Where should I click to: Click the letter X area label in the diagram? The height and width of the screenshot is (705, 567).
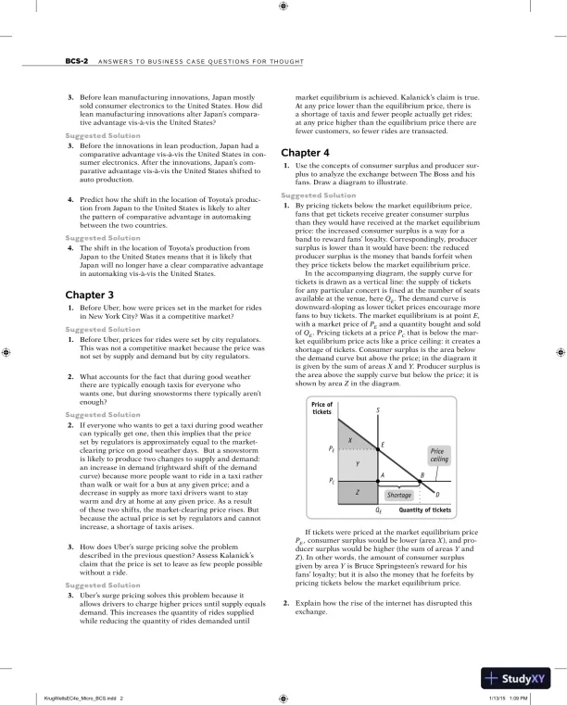click(350, 439)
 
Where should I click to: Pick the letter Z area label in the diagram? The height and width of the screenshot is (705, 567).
click(358, 493)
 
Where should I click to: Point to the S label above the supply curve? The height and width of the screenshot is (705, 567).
click(377, 410)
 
